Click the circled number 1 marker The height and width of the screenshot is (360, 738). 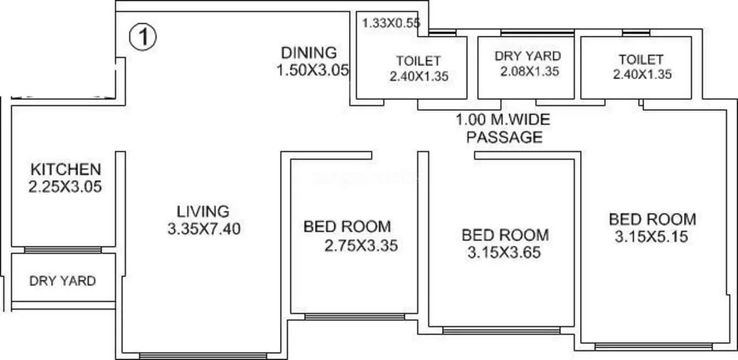143,38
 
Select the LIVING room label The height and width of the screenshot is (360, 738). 203,211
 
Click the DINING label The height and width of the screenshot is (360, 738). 309,53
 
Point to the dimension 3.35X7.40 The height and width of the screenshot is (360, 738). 204,229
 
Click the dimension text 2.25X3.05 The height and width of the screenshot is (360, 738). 65,187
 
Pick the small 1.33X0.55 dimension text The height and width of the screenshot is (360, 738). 391,23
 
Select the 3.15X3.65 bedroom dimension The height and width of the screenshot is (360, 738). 503,253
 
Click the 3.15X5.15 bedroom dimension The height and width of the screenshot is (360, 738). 651,237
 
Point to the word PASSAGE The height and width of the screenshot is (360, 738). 504,137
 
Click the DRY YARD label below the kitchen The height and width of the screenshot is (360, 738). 62,281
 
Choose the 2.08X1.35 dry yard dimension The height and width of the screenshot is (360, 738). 530,71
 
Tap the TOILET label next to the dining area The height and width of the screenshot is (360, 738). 418,60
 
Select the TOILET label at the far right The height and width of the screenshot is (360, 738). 641,59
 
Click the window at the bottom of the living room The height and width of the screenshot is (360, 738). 203,356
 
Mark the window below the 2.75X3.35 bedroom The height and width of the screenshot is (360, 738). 354,317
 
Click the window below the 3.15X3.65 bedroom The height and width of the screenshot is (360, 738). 501,331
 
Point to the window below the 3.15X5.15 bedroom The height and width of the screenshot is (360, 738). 653,347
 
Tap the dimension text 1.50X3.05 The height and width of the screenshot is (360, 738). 313,70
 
